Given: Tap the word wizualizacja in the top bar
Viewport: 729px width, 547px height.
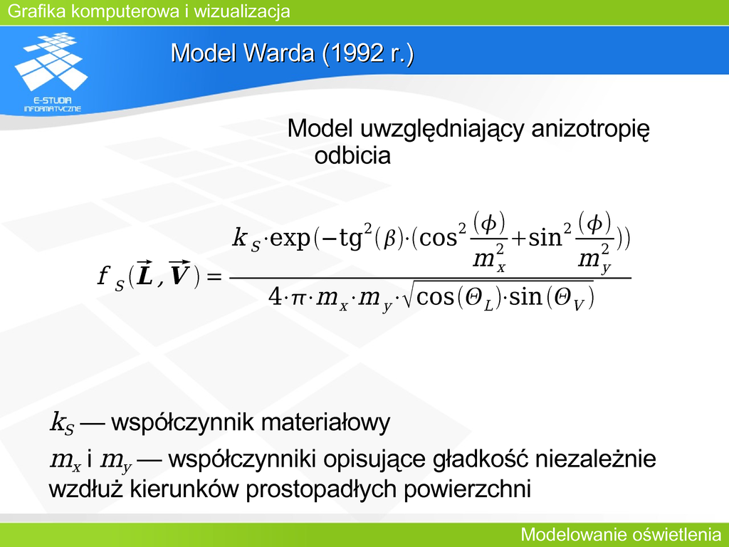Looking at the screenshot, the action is pos(242,11).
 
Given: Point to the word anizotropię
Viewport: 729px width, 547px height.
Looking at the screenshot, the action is pos(590,129).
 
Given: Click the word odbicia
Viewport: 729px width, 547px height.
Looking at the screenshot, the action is pos(352,155).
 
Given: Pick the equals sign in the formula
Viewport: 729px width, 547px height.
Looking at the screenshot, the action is pos(214,277).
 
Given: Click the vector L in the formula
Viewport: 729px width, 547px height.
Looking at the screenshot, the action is pos(145,274).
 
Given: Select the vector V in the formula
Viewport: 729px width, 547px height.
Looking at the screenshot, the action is pos(179,273).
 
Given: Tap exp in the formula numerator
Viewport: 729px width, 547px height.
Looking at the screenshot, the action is pos(290,239).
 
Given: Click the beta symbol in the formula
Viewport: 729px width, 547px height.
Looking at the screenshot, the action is pos(389,239).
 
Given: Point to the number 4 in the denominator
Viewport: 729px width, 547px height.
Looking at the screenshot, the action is pos(276,297).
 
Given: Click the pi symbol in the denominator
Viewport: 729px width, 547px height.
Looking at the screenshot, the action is pos(298,298).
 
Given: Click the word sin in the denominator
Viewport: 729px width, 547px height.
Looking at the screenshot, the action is pos(526,297).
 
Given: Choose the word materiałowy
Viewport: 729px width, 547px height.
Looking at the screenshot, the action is pos(325,422).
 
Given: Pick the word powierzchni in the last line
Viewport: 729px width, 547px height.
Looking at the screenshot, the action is pos(467,489).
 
